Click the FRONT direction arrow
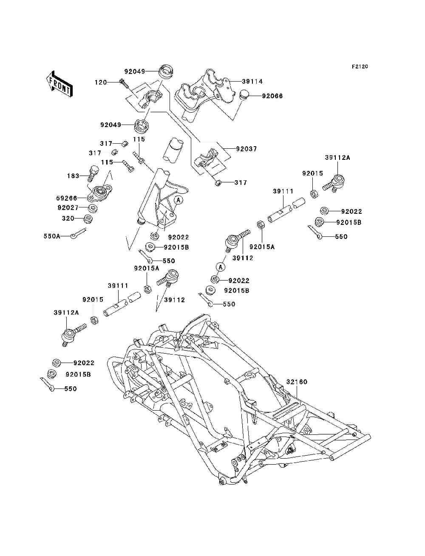coord(59,84)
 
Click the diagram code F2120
coord(360,67)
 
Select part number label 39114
coord(252,82)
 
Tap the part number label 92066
coord(272,96)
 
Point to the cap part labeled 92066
coord(244,94)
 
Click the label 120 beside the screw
coord(101,82)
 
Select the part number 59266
coord(67,198)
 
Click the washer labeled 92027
coord(93,208)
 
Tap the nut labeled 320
coord(88,219)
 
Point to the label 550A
coord(52,236)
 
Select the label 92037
coord(246,149)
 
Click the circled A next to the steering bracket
coord(178,200)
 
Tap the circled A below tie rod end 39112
coord(221,267)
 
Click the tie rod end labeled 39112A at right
coord(334,183)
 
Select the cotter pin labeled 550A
coord(78,233)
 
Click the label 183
coord(73,176)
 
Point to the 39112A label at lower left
coord(66,312)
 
